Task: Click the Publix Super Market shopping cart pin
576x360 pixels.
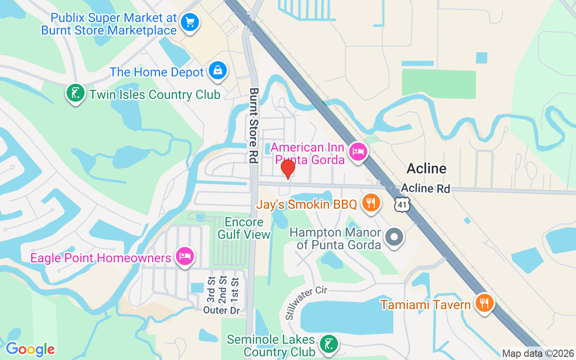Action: pos(190,22)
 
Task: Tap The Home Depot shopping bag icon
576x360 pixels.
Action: pos(218,71)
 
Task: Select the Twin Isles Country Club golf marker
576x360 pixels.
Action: pos(76,93)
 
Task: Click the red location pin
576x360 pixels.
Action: pos(288,169)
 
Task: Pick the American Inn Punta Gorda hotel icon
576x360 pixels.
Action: pos(358,151)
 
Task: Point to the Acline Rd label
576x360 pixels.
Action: pos(425,188)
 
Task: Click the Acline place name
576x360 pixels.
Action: pos(426,169)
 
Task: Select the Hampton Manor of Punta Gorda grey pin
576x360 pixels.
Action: pos(394,237)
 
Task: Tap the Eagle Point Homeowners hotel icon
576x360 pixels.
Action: pos(184,256)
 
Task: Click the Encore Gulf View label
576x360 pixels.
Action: pos(244,228)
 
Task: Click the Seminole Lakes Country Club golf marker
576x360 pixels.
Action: pos(328,344)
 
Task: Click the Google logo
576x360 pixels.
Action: pos(30,349)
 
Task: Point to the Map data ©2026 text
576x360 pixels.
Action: pos(538,353)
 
